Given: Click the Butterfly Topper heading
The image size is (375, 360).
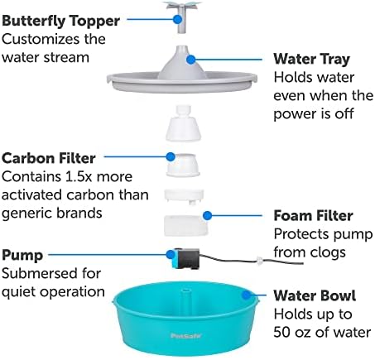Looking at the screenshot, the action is pos(60,22).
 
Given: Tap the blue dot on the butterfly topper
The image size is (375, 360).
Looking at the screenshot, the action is pos(178,19).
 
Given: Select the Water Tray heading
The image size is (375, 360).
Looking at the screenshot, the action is pos(312,60).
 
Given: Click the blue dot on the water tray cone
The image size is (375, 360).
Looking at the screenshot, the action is pos(190,60).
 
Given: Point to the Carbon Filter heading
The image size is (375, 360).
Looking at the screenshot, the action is pos(49,158).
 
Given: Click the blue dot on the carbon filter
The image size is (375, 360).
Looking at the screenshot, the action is pos(171,156).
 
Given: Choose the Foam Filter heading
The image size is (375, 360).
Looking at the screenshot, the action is pos(313,215).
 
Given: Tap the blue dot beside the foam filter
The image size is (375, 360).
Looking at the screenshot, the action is pos(207,215).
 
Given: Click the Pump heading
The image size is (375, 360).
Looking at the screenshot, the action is pos(22,256).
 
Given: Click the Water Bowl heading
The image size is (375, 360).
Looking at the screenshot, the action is pos(315,295).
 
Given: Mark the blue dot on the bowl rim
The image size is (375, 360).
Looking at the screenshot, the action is pos(246,295).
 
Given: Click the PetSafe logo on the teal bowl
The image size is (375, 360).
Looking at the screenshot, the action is pos(186,336).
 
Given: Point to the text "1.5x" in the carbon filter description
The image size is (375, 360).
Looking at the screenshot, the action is pos(79,176).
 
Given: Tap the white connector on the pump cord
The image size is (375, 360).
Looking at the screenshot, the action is pos(259,261).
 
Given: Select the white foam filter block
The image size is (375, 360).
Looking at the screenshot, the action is pos(186,226).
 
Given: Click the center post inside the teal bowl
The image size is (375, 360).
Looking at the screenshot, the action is pos(185,301).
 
